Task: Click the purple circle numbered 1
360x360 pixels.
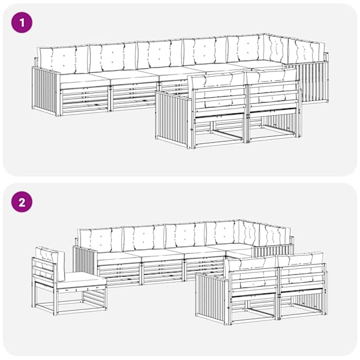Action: pos(22,23)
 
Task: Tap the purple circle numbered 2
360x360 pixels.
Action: pos(22,203)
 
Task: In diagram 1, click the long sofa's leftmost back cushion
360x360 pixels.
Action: pos(64,59)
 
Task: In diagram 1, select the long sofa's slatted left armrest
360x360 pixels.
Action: pos(46,91)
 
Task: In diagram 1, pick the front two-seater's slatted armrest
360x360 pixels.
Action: pos(173,119)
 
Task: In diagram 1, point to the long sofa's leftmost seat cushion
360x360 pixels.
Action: pos(85,79)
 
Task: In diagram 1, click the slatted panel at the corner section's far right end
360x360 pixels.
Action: pos(313,83)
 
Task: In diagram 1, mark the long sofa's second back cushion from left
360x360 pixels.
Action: pos(113,57)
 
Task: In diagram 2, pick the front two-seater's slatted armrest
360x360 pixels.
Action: pos(212,298)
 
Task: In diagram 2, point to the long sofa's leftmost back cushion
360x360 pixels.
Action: pos(101,240)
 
